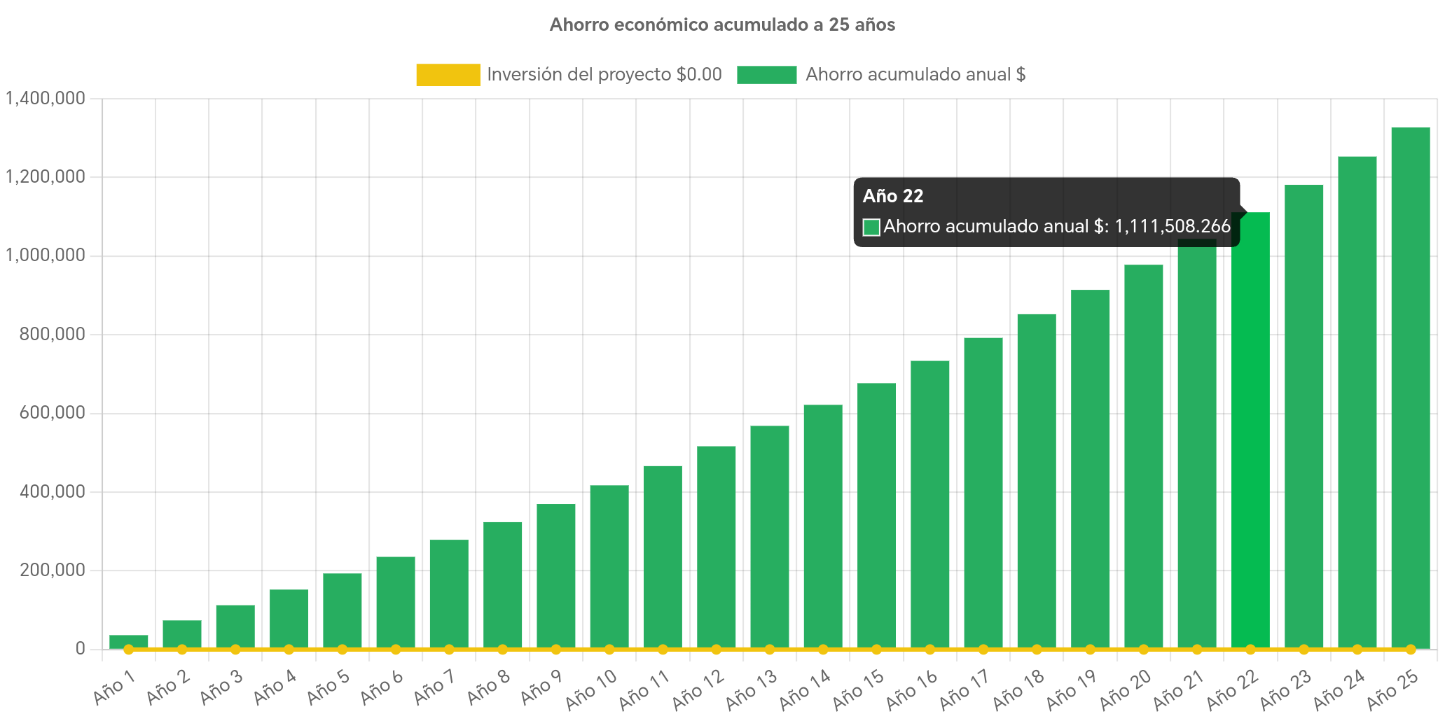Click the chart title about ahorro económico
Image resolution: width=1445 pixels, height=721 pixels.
click(722, 25)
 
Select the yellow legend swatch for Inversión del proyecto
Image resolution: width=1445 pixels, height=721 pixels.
click(448, 75)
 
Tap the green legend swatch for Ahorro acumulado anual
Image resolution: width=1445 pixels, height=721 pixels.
click(766, 75)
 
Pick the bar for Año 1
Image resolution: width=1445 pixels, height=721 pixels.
click(129, 640)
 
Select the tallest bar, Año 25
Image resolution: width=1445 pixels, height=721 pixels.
click(1410, 388)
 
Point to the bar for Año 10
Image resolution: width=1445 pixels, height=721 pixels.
click(609, 567)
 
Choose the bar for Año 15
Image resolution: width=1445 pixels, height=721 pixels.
click(876, 514)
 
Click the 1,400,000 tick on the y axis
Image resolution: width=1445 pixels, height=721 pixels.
click(46, 98)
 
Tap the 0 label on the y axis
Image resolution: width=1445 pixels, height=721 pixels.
click(80, 648)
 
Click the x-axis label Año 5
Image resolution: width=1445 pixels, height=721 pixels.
click(327, 688)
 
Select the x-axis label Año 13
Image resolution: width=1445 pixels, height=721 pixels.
click(751, 690)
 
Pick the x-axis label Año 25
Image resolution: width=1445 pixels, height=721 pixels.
click(1392, 690)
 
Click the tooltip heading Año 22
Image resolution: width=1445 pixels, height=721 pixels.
click(893, 197)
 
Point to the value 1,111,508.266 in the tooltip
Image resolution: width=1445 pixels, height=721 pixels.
click(1172, 227)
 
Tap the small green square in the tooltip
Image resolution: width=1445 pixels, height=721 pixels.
click(871, 227)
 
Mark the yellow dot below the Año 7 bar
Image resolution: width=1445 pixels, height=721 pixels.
click(449, 650)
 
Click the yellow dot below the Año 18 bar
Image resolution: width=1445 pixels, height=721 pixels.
click(1037, 650)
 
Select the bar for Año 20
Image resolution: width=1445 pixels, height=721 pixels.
click(1143, 455)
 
